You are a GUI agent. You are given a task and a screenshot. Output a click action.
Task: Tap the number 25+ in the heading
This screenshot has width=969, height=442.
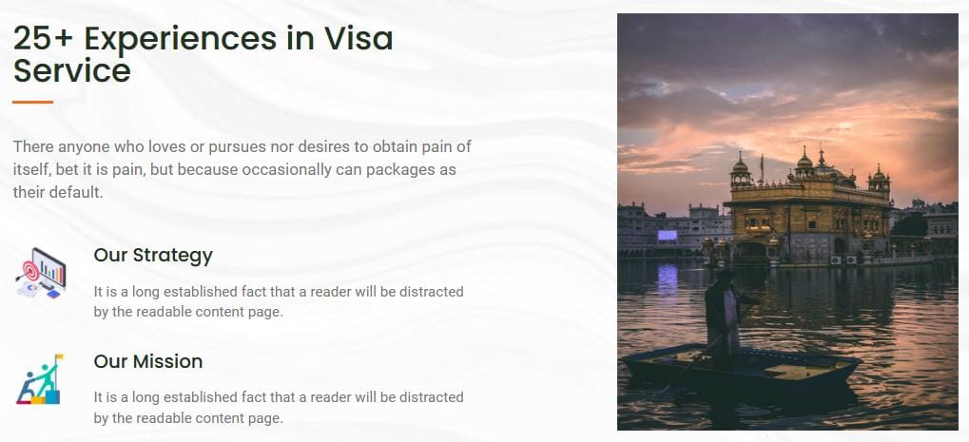(x=43, y=38)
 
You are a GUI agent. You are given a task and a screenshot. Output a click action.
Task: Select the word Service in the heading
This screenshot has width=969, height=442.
(x=71, y=70)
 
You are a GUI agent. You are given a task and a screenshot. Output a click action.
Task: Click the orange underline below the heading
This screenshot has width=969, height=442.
(x=32, y=102)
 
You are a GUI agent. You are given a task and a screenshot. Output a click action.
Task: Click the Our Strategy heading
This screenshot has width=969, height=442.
(x=153, y=256)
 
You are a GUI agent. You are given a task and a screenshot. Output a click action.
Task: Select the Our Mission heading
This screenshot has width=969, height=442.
(x=148, y=361)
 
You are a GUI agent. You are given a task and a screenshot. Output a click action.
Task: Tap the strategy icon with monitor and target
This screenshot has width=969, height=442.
(x=41, y=273)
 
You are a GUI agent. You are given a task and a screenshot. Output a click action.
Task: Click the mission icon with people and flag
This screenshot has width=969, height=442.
(x=40, y=379)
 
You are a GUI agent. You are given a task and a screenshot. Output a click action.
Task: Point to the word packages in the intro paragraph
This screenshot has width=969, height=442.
(x=399, y=170)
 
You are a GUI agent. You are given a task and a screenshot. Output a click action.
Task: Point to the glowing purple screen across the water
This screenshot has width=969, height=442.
(x=668, y=235)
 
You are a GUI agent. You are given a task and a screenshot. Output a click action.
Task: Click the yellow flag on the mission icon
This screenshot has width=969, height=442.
(x=59, y=356)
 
